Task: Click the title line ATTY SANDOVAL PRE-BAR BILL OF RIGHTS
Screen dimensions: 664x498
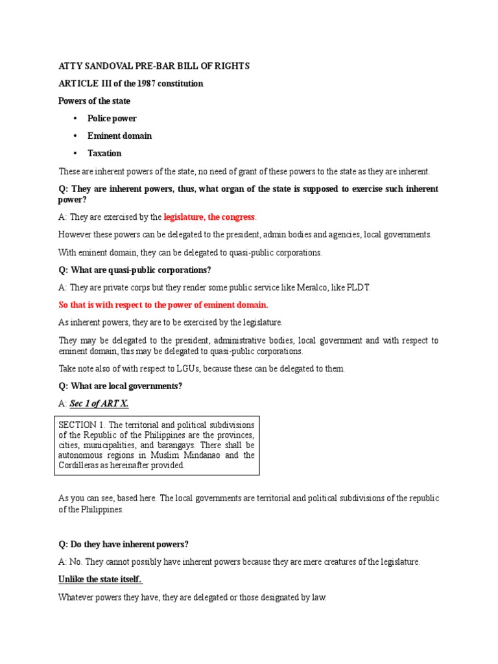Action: tap(154, 66)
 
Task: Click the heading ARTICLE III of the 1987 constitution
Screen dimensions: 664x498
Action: tap(130, 84)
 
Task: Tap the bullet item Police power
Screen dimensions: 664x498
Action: tap(112, 119)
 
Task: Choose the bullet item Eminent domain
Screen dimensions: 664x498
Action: tap(120, 136)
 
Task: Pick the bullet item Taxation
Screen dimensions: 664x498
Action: tap(104, 154)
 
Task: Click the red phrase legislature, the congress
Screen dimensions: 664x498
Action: tap(209, 217)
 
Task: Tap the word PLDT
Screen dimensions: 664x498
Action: tap(360, 287)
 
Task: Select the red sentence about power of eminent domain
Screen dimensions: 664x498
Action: tap(163, 305)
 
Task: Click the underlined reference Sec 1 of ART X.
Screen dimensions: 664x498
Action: tap(99, 403)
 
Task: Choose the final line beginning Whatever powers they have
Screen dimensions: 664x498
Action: tap(193, 597)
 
